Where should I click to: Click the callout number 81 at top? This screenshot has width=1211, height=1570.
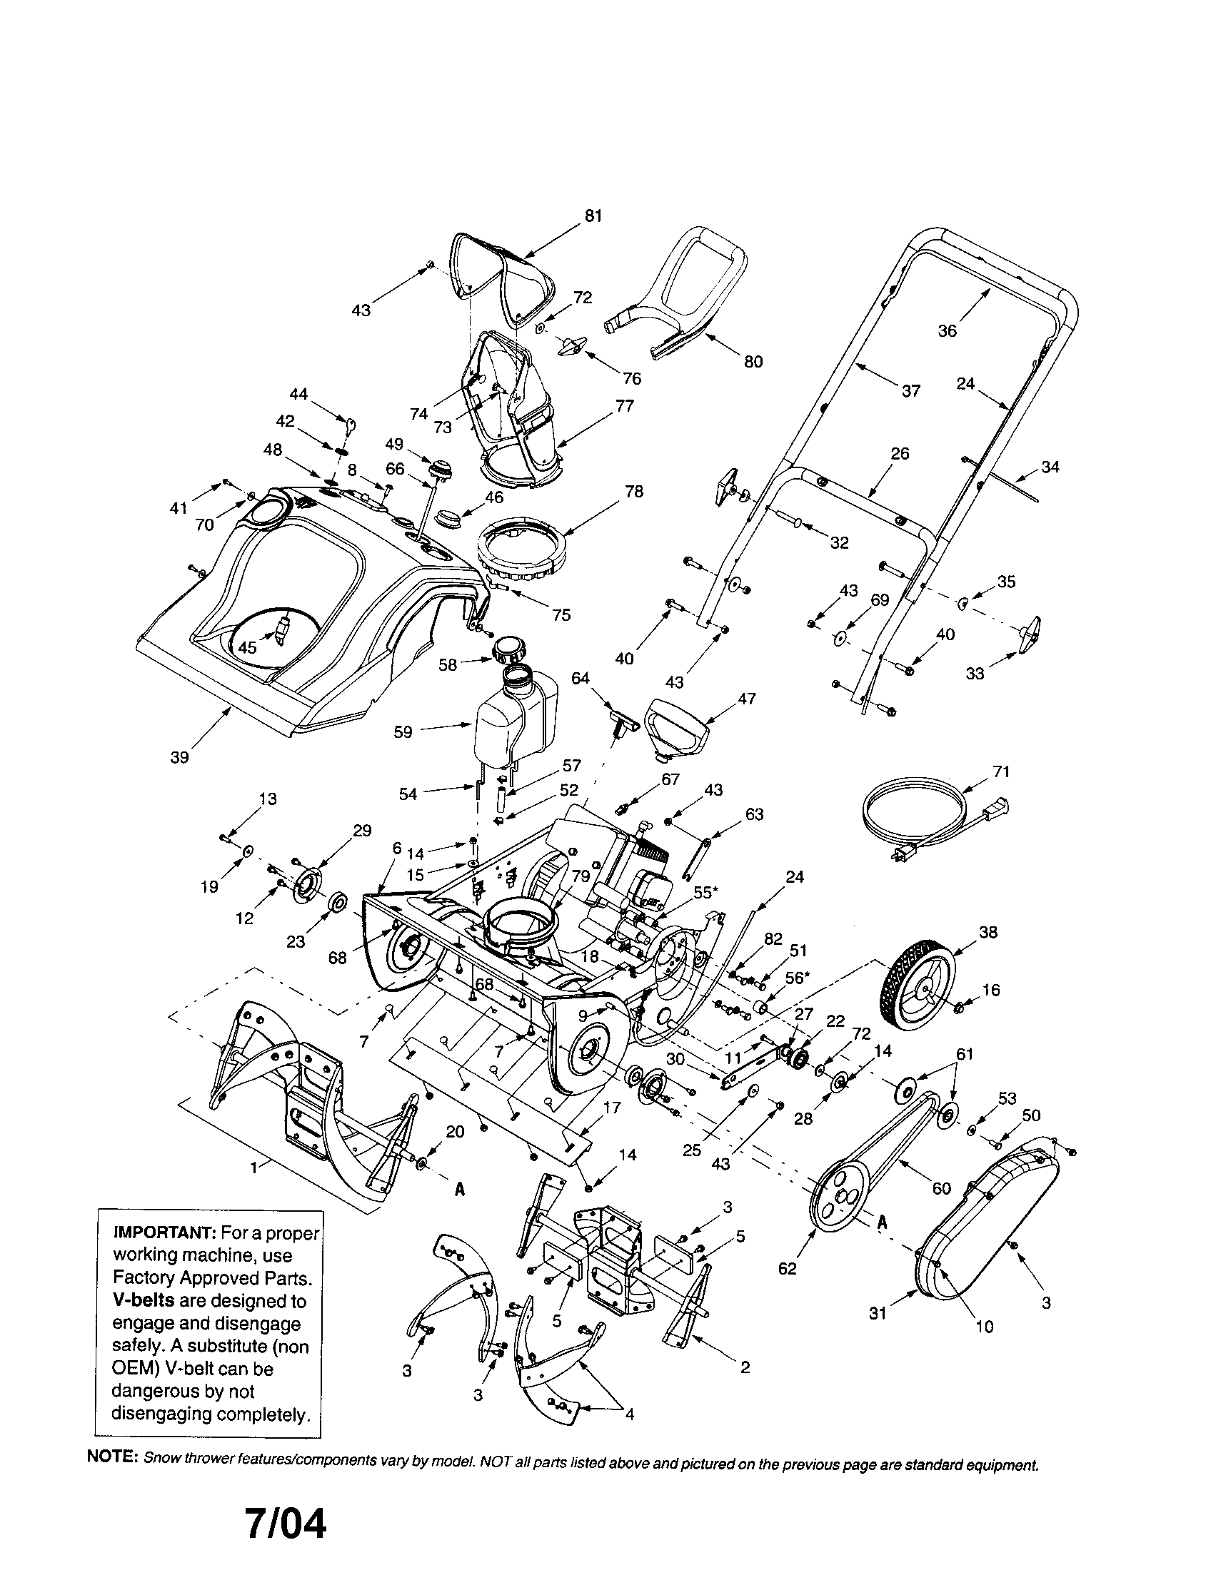(593, 216)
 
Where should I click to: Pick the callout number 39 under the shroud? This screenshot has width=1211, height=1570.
(180, 757)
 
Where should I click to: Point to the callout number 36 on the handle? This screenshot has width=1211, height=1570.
(947, 330)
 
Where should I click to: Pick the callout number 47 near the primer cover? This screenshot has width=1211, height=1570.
(747, 698)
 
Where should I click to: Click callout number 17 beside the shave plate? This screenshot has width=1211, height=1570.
(612, 1108)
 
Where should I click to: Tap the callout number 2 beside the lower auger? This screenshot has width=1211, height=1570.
(745, 1367)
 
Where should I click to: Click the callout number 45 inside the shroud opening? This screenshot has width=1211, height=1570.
(247, 647)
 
